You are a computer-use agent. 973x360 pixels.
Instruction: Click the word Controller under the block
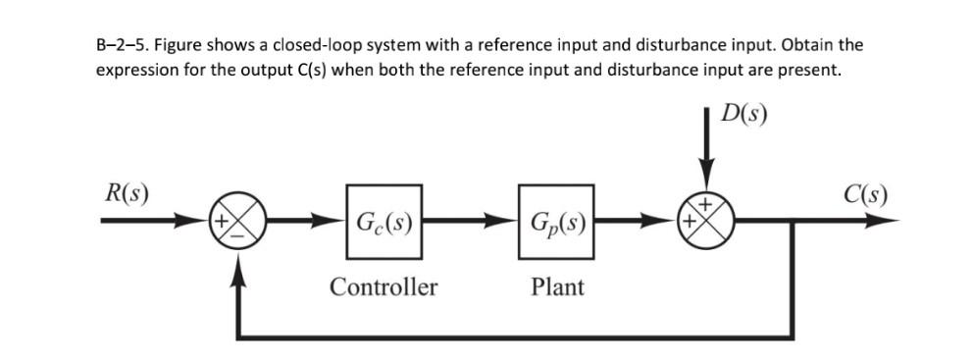(383, 287)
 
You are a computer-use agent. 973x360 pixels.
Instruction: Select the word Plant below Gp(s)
(556, 287)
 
